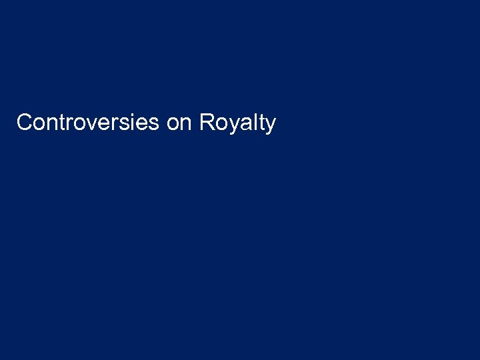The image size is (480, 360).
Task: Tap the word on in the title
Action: click(x=179, y=124)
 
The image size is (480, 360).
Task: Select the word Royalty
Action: click(x=237, y=123)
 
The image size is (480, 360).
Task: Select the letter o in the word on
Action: click(x=172, y=125)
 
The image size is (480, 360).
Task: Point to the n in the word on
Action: click(x=185, y=125)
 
